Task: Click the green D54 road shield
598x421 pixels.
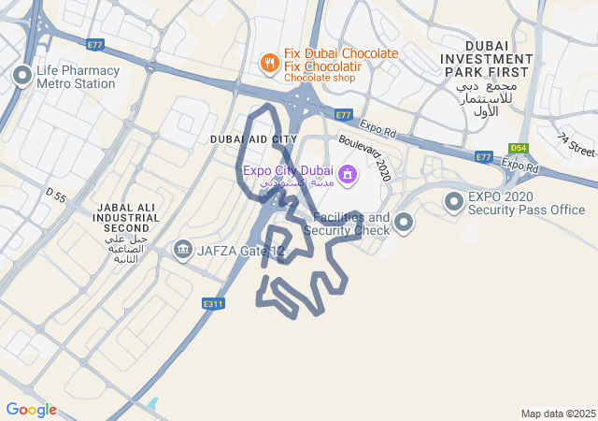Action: tap(518, 148)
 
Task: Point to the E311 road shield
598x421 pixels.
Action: tap(213, 304)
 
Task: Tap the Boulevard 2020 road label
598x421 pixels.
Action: tap(365, 155)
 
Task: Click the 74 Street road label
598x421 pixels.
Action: tap(576, 145)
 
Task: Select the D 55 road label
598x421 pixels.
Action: tap(56, 196)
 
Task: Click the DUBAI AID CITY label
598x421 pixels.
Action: tap(253, 139)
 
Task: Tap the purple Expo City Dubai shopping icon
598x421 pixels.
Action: tap(347, 173)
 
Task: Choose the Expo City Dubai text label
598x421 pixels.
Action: tap(287, 170)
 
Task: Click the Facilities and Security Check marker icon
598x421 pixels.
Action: tap(404, 223)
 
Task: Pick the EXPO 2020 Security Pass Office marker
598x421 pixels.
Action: tap(454, 201)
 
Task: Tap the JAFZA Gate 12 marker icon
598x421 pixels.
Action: tap(182, 250)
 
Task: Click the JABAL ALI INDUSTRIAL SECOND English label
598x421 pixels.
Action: tap(127, 217)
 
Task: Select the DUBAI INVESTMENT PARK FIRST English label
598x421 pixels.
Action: tap(488, 59)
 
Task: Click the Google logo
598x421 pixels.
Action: tap(31, 410)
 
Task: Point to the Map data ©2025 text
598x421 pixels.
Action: tap(558, 414)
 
